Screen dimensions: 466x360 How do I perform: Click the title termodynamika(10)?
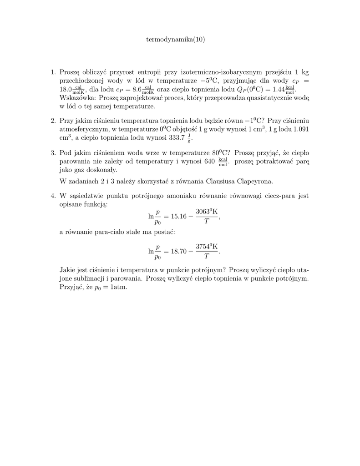pyautogui.click(x=175, y=40)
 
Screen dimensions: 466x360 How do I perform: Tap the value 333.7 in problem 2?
pyautogui.click(x=176, y=137)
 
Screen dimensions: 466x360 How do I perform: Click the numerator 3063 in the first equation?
pyautogui.click(x=203, y=212)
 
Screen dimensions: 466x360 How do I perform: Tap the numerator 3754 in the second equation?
pyautogui.click(x=203, y=246)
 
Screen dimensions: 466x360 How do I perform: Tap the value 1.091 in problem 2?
pyautogui.click(x=299, y=129)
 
